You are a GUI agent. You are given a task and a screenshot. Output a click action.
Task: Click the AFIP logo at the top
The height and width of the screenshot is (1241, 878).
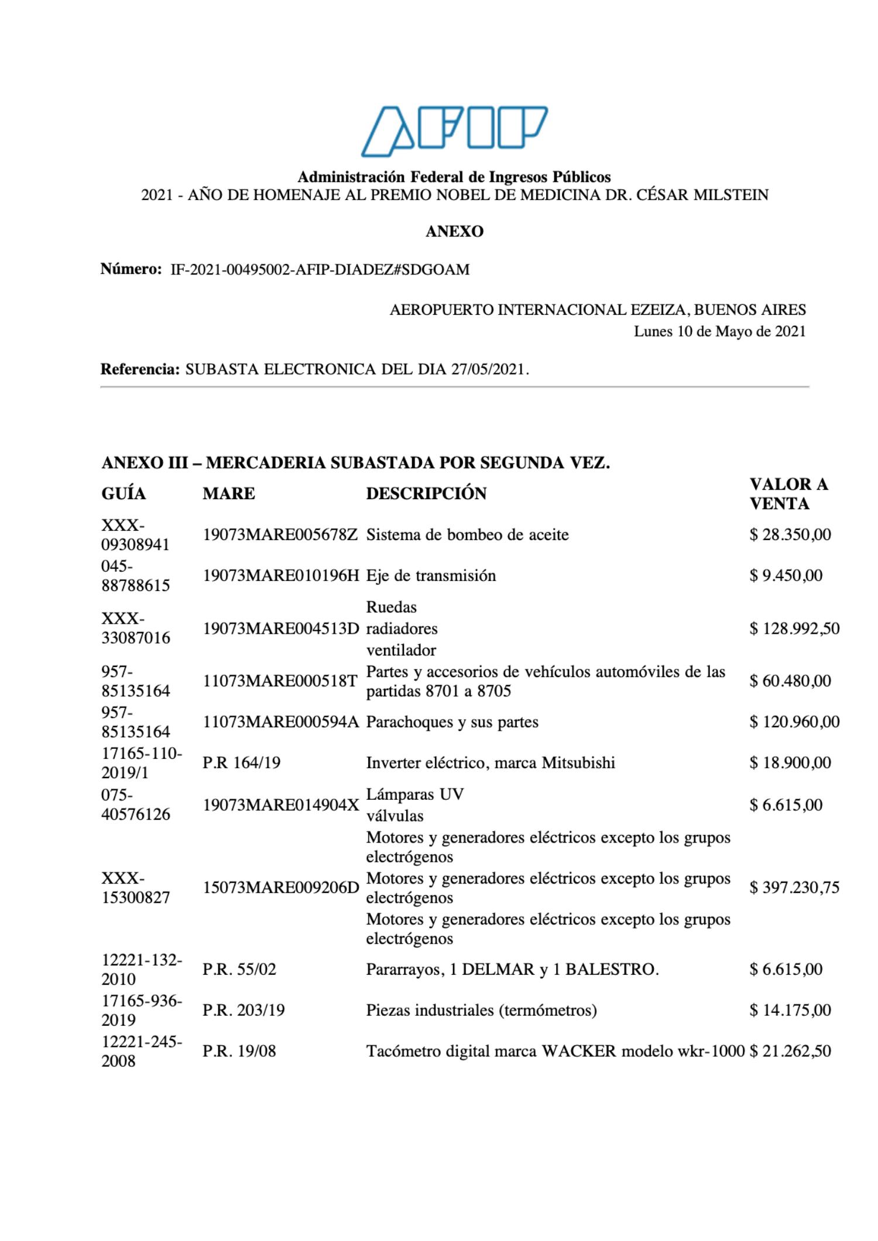click(454, 131)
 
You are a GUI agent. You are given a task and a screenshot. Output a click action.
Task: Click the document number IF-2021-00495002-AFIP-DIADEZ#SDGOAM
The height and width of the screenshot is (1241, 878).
click(320, 270)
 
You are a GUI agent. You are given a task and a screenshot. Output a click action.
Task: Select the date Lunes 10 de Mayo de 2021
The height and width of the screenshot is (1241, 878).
click(719, 332)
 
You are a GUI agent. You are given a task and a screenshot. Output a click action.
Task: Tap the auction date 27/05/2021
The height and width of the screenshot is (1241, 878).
click(488, 370)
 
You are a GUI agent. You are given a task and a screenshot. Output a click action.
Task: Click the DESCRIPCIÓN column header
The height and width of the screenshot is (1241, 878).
click(426, 494)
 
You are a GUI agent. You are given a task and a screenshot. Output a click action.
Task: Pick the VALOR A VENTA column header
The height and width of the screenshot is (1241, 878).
click(788, 494)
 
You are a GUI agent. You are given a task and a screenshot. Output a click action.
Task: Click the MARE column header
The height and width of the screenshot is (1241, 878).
click(229, 494)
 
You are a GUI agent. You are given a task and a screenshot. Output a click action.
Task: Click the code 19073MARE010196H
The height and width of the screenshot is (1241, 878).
click(280, 576)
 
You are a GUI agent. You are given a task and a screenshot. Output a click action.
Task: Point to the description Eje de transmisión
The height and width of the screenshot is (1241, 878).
click(431, 576)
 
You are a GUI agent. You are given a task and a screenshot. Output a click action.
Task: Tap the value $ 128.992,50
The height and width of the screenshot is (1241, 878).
click(794, 629)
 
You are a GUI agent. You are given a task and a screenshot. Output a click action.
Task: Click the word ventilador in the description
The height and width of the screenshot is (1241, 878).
click(401, 650)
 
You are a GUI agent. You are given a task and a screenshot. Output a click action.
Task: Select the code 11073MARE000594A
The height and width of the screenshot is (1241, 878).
click(280, 722)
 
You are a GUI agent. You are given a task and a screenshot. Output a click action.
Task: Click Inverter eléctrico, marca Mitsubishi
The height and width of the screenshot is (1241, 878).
click(491, 763)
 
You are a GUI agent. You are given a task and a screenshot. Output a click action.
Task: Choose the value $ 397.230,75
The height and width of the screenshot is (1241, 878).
click(794, 888)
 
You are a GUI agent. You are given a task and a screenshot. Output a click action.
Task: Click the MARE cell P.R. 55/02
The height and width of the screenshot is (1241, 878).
click(239, 970)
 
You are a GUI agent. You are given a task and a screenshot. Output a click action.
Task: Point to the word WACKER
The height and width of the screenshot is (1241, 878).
click(579, 1051)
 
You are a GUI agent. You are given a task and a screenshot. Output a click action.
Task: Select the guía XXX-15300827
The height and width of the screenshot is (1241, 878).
click(135, 888)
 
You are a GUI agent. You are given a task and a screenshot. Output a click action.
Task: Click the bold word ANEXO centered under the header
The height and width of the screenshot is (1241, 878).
click(454, 232)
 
